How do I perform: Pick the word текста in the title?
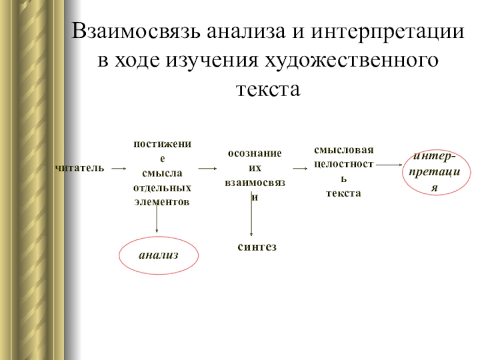click(x=268, y=89)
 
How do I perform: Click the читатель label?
click(x=80, y=168)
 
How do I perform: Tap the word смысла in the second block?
click(x=161, y=174)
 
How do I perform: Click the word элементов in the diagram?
click(x=161, y=202)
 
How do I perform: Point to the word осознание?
click(x=254, y=154)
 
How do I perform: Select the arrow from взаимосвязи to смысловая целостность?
click(x=299, y=169)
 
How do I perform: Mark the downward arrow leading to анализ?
click(x=157, y=219)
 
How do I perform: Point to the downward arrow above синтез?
click(x=251, y=216)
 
